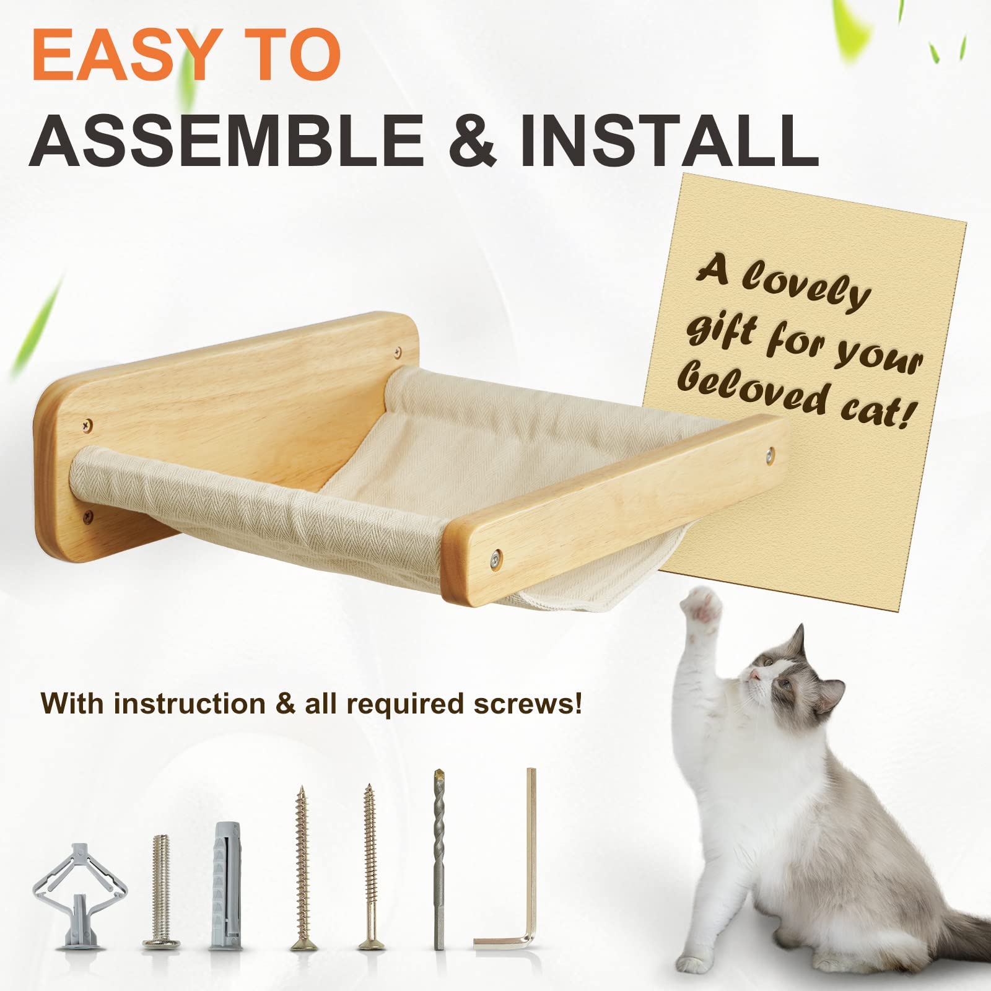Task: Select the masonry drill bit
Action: [439, 858]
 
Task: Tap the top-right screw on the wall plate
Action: [396, 352]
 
